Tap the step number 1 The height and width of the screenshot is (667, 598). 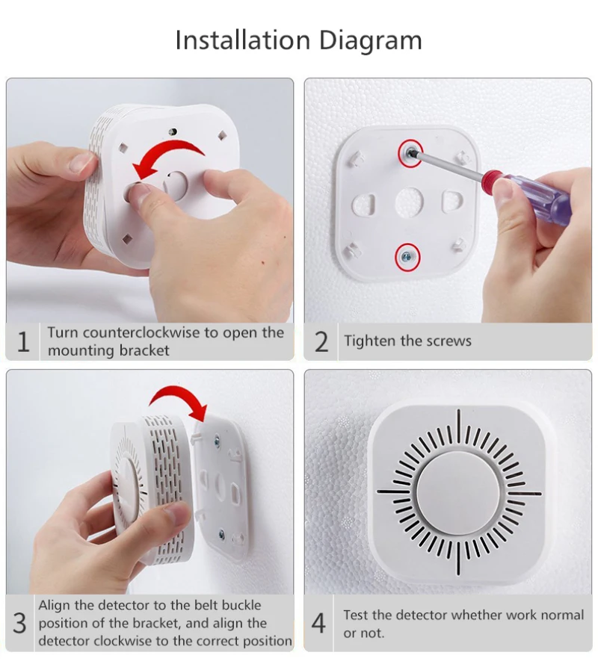pos(23,342)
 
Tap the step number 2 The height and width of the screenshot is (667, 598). pos(321,342)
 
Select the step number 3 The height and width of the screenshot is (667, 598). pos(20,623)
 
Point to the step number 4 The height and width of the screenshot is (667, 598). pos(319,623)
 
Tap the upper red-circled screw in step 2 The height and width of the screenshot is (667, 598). pos(410,152)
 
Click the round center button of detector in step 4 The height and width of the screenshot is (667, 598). pos(458,492)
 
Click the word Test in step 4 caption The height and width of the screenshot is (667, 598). pos(357,615)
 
